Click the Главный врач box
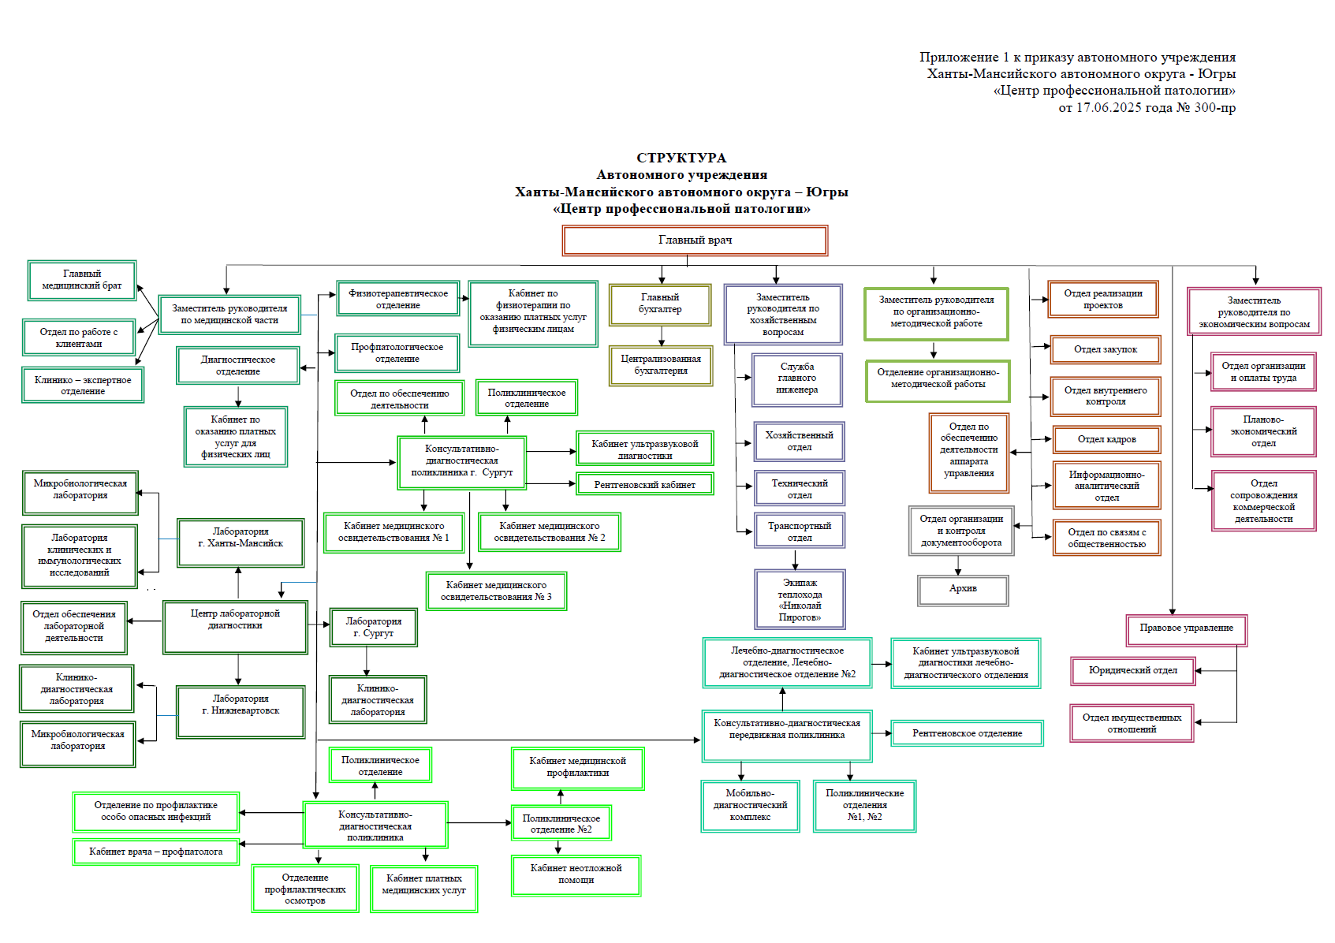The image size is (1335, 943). click(695, 240)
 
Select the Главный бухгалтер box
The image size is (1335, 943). click(660, 304)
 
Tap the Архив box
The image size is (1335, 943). click(963, 590)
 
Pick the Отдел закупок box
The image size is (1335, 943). click(1106, 349)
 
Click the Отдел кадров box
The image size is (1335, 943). click(1106, 440)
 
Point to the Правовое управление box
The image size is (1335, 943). click(1186, 629)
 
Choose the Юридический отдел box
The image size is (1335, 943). click(1132, 671)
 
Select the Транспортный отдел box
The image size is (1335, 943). click(799, 531)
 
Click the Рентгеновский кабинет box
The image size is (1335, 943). click(644, 484)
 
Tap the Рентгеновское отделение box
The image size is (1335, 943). click(967, 733)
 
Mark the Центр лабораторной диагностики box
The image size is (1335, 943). click(235, 626)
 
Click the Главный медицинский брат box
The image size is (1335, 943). click(82, 281)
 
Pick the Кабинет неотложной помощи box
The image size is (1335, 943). click(576, 874)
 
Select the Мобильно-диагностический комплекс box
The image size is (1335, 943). click(750, 806)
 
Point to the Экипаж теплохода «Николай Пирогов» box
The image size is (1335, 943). click(800, 599)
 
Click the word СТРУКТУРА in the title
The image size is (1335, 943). click(681, 158)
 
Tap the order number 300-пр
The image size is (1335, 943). click(1214, 108)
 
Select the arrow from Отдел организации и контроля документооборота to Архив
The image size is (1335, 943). click(959, 565)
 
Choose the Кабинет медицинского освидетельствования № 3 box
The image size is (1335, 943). click(496, 591)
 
